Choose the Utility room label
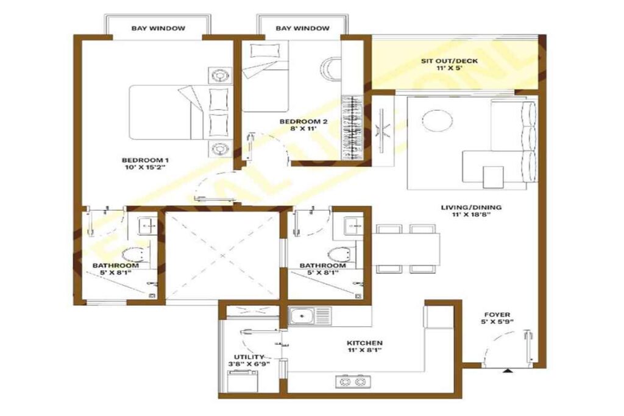250,361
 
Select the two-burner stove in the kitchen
352,382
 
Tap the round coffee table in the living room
437,120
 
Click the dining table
407,249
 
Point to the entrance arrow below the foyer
507,370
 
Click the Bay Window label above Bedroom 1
158,28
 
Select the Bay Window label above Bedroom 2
302,28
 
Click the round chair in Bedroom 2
329,68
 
